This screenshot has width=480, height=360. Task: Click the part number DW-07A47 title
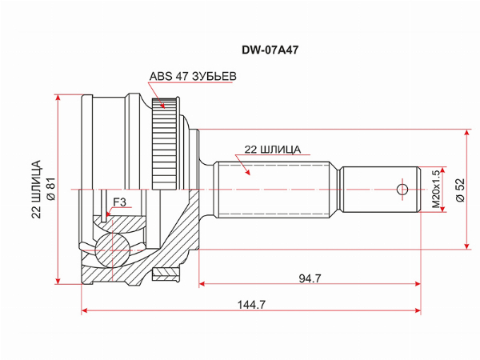point(270,50)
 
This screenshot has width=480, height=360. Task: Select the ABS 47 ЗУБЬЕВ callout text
point(193,76)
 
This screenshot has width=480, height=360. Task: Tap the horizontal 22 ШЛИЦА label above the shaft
point(273,150)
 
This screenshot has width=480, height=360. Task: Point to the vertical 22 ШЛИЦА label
point(37,189)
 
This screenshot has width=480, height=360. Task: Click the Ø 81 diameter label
point(51,189)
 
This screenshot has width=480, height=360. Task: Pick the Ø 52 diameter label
point(460,190)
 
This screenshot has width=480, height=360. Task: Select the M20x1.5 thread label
point(436,189)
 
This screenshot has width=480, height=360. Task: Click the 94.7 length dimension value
point(310,278)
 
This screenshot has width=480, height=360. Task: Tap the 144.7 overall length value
point(252,305)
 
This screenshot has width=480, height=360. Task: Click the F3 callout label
point(119,202)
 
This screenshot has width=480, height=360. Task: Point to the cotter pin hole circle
point(402,190)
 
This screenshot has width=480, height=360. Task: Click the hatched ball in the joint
point(112,250)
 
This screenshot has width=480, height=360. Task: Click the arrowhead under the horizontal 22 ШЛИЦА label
point(246,171)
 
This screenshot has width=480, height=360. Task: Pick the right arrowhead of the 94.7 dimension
point(418,284)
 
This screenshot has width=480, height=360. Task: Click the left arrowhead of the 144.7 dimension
point(85,310)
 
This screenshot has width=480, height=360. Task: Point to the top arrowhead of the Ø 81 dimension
point(58,98)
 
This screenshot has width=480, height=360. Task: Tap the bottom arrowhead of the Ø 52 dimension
point(467,246)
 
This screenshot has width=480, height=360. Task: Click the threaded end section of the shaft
point(380,190)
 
